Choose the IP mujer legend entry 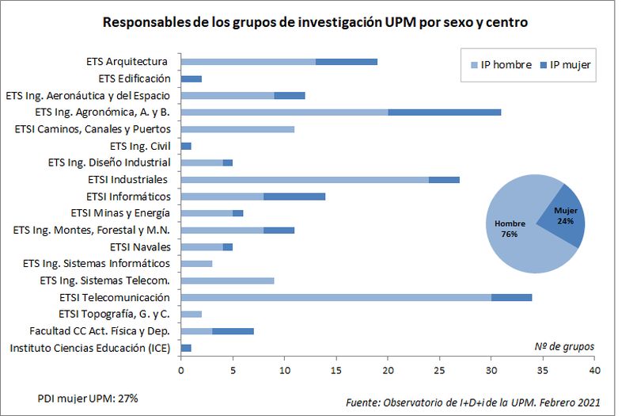point(564,64)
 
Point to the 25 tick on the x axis point(440,370)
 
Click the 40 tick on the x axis point(595,370)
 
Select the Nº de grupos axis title point(563,346)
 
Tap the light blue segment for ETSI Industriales point(305,179)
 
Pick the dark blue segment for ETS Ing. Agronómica point(444,112)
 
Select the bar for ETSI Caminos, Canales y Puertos point(237,128)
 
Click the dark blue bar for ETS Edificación point(191,78)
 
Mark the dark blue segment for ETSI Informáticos point(294,196)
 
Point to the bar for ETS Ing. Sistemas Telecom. point(227,281)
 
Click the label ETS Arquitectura point(127,61)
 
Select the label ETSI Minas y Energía point(120,213)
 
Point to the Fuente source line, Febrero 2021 point(472,403)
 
